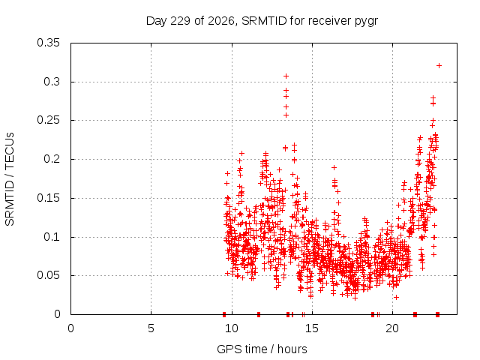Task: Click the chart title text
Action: point(262,21)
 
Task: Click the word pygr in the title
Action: point(366,22)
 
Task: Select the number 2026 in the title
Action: point(221,21)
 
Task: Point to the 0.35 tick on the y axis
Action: point(48,43)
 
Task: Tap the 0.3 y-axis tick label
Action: point(52,82)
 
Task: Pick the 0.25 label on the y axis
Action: point(48,120)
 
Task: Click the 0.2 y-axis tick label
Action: point(52,159)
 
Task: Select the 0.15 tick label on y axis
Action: point(48,198)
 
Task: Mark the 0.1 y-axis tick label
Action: point(52,237)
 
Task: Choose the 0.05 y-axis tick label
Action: point(48,275)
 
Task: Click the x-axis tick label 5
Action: point(151,328)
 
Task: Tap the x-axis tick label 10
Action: point(232,328)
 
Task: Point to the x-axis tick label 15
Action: point(312,328)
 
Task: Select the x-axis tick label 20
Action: point(392,328)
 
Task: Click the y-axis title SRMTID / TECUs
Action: point(10,179)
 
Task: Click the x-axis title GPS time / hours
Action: point(262,349)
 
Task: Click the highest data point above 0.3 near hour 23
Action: point(439,65)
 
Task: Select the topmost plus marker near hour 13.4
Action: point(286,76)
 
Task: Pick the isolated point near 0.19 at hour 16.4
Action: point(334,167)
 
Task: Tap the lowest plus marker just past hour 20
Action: point(396,297)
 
